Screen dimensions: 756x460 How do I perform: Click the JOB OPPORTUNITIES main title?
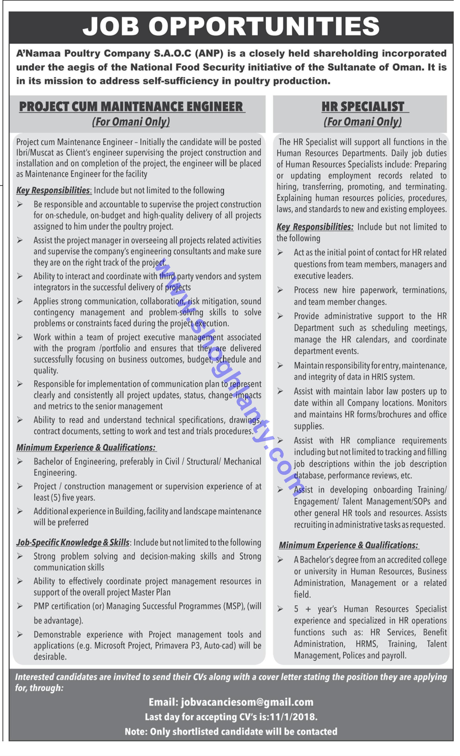(231, 26)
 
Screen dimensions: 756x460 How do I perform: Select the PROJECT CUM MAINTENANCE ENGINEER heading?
(132, 107)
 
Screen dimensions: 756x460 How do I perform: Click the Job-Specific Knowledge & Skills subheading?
(73, 542)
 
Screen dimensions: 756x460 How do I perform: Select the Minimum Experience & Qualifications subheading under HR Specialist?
(348, 545)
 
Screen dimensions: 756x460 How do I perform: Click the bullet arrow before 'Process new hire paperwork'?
(280, 290)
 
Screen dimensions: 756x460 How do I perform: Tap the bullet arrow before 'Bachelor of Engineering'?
(20, 461)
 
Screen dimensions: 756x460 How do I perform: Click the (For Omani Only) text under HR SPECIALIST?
(363, 122)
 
